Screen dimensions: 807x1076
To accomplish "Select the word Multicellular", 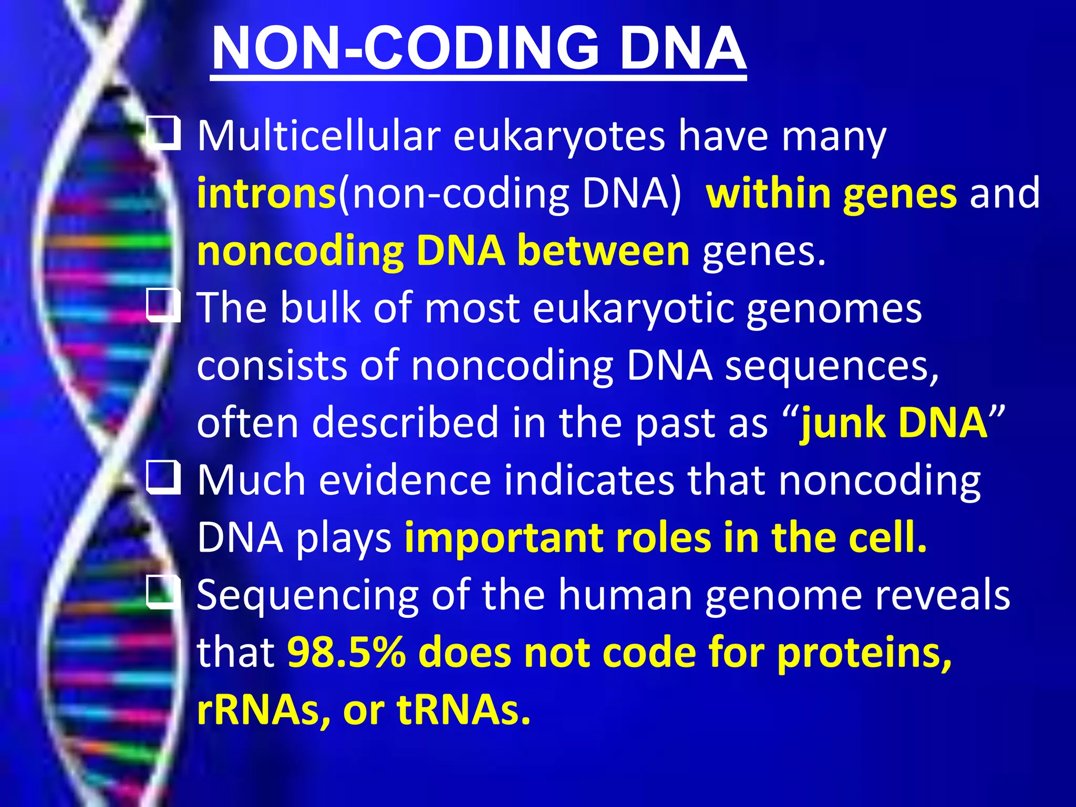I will pos(318,136).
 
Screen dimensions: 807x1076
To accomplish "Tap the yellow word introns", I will pos(266,193).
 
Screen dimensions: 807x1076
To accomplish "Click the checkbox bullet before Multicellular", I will pos(163,133).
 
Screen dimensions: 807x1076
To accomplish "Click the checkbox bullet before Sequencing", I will pos(163,592).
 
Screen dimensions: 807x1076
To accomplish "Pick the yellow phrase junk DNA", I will pos(893,423).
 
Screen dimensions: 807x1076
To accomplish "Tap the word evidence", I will pos(405,480).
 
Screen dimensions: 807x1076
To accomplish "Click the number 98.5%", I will pos(347,653).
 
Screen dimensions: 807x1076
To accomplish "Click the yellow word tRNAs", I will pos(463,710).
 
